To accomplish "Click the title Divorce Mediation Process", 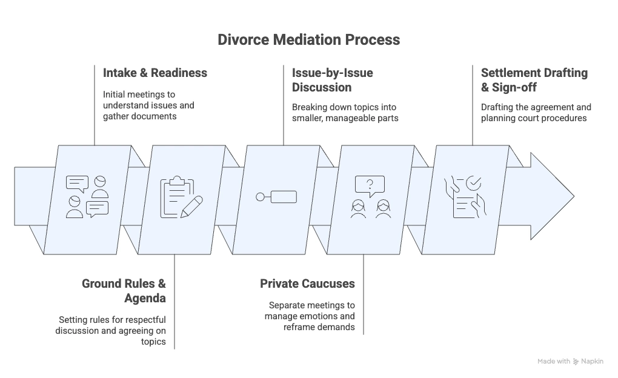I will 308,40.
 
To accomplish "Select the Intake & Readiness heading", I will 155,73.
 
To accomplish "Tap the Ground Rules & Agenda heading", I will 124,291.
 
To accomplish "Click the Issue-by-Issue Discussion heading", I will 333,80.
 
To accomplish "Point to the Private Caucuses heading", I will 307,283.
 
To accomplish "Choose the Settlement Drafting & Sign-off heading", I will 534,80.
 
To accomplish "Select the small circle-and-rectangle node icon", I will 276,197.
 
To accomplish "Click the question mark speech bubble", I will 370,183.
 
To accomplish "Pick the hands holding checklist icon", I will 464,197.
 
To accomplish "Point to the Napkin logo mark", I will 576,362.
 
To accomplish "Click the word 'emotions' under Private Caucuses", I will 337,316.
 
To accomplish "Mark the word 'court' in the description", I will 531,118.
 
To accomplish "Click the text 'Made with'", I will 553,362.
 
